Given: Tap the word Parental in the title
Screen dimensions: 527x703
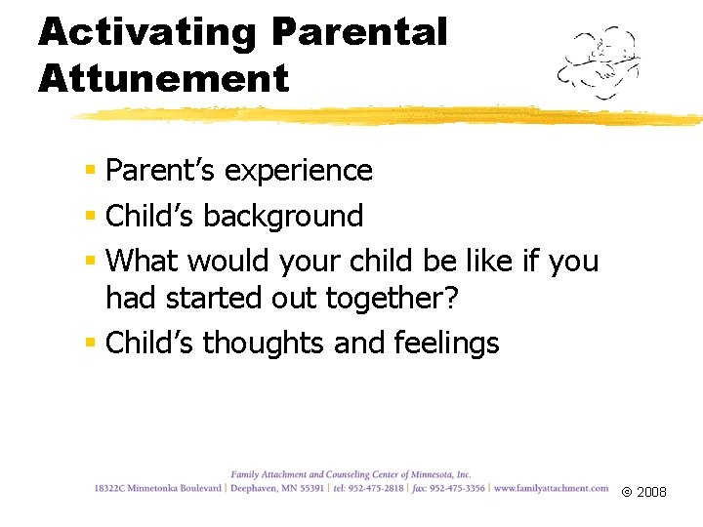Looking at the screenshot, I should (359, 31).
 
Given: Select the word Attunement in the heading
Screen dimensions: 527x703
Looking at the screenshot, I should (164, 77).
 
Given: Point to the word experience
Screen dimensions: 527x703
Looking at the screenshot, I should (299, 171).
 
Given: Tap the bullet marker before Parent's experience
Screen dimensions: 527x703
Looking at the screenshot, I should (90, 171).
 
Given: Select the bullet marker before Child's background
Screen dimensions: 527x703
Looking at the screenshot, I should (90, 216).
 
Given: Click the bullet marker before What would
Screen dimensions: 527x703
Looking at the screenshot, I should (90, 261).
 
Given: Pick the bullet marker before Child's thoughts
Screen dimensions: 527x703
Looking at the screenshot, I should (90, 344).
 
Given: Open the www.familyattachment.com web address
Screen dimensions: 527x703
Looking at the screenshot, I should (552, 488).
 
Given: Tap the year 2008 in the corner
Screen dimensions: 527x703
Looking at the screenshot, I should (651, 492).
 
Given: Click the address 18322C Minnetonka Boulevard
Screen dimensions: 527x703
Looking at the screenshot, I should (158, 488).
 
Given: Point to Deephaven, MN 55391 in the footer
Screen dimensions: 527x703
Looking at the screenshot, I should (277, 488).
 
